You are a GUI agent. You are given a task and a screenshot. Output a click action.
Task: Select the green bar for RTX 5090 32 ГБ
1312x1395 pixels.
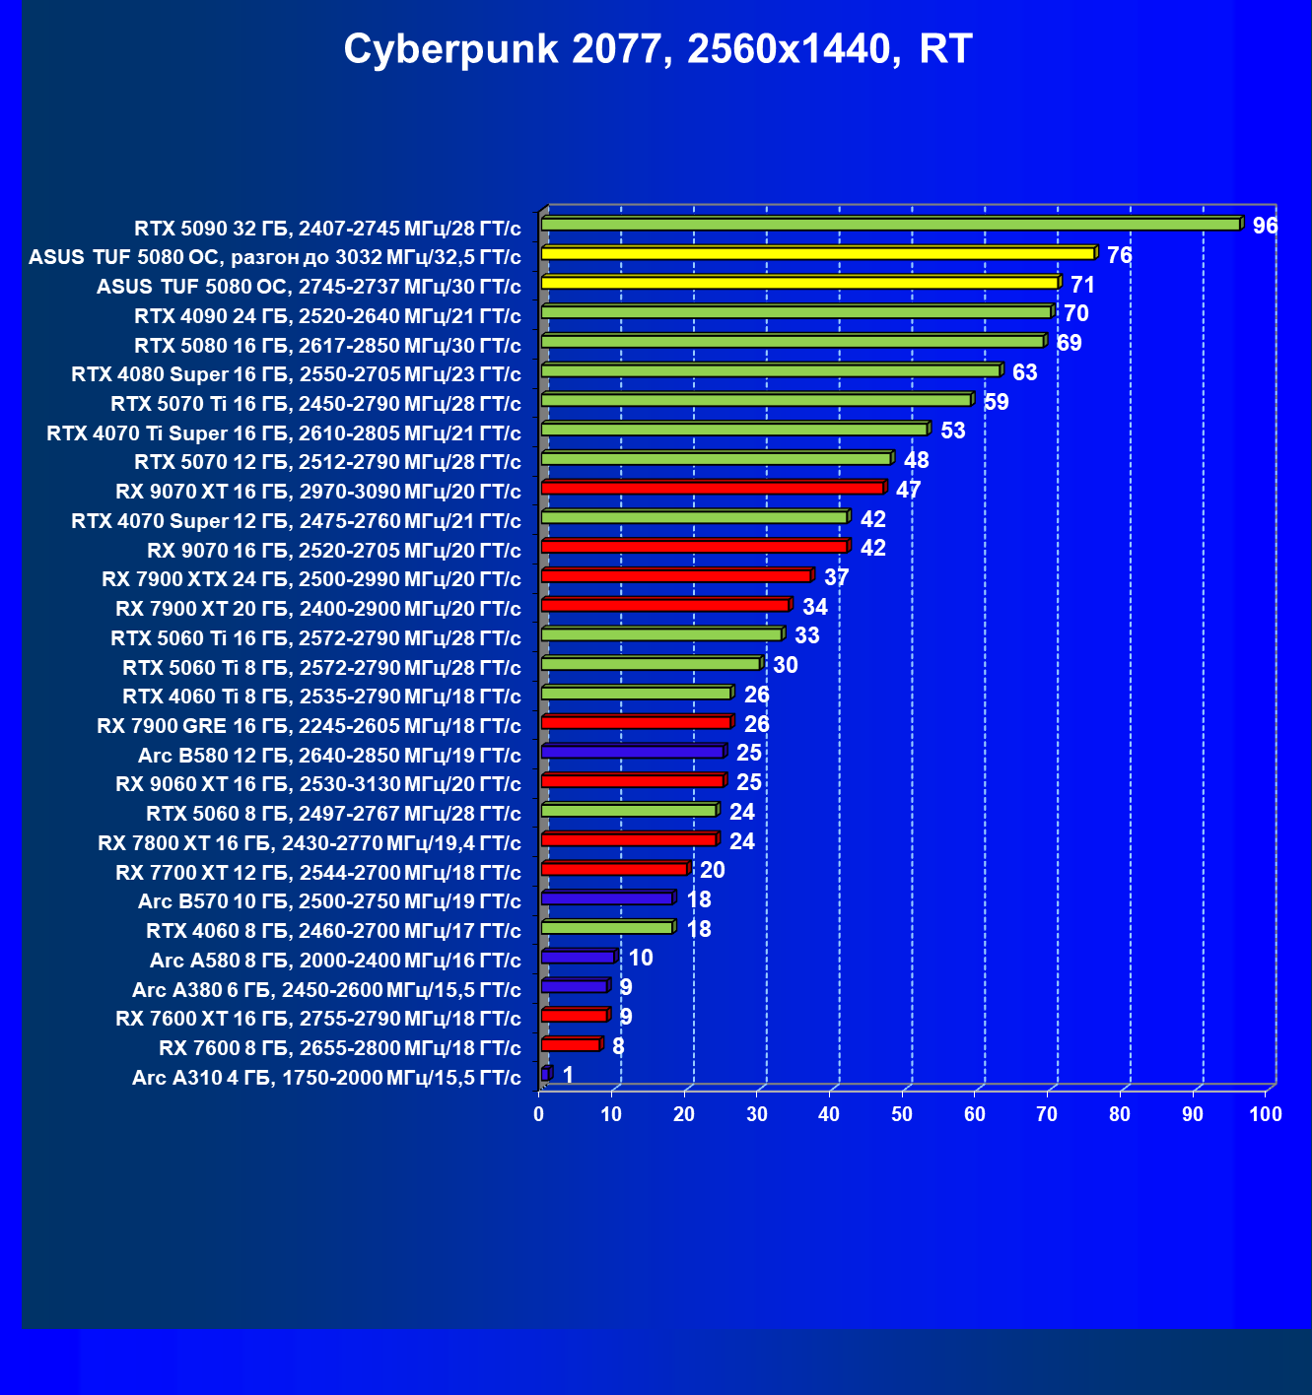pos(890,225)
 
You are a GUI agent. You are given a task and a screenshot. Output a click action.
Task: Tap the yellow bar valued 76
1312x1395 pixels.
pos(818,254)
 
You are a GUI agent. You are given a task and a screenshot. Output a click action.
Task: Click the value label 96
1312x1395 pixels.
pos(1265,226)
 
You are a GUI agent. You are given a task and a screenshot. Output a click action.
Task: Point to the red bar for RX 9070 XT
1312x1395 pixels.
pos(713,489)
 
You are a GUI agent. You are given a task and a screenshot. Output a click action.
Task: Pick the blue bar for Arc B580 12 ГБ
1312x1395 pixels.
pos(633,753)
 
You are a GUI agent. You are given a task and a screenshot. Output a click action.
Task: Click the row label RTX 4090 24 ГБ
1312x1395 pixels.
pos(327,316)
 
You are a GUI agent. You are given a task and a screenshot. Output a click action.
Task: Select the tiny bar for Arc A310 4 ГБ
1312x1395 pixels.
pos(545,1074)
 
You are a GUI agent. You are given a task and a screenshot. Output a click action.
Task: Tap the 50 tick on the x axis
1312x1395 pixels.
pos(902,1114)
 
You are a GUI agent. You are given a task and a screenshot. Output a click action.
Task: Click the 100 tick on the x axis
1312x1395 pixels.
pos(1265,1114)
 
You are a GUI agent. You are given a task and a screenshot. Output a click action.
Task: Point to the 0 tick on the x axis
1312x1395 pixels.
pos(539,1114)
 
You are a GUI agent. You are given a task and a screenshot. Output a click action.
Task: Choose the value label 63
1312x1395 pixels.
pos(1025,372)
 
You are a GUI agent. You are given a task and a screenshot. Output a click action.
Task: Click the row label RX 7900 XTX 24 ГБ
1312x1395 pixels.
pos(311,579)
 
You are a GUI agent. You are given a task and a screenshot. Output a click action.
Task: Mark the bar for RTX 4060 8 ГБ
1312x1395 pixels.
pos(607,928)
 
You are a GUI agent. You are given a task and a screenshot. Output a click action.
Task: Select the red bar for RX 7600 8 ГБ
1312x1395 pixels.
pos(571,1045)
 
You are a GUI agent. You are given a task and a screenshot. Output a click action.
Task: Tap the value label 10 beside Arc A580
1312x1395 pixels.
pos(641,958)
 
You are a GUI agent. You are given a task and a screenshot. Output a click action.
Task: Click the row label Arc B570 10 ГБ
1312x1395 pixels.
pos(329,901)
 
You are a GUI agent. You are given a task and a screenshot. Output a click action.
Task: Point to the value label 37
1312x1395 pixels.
pos(837,577)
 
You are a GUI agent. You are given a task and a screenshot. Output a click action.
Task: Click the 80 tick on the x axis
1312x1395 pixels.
pos(1120,1114)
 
